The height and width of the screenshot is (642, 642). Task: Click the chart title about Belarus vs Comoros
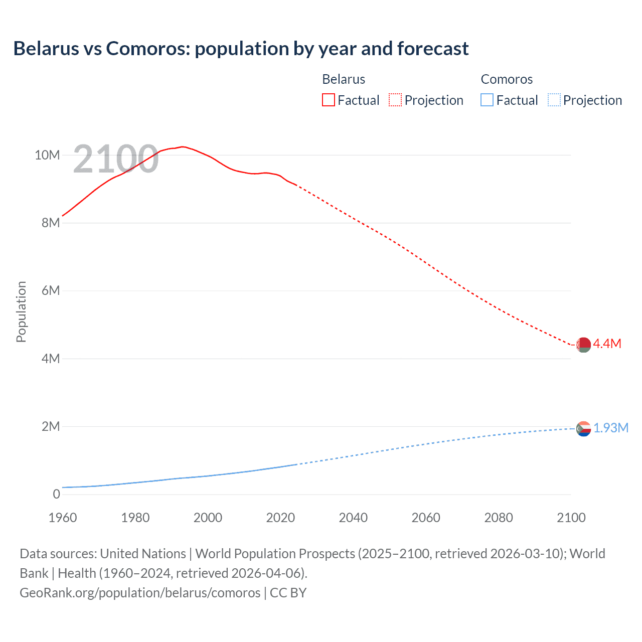coord(241,49)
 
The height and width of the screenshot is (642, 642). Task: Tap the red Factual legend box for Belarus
coord(328,100)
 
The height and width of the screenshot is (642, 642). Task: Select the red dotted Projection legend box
coord(395,100)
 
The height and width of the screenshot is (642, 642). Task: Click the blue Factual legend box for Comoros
coord(487,100)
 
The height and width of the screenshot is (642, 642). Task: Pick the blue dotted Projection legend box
coord(554,100)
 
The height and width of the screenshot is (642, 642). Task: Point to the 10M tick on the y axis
coord(47,155)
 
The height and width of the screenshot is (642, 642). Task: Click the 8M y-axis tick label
coord(50,223)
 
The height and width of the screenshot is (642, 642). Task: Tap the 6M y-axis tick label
coord(50,290)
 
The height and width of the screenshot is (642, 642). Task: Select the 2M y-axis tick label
coord(50,426)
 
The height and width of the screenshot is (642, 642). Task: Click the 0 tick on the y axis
coord(56,494)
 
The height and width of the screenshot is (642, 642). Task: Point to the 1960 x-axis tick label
coord(63,518)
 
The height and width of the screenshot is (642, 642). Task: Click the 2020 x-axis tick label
coord(280,518)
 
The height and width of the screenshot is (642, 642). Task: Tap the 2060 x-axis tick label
coord(426,518)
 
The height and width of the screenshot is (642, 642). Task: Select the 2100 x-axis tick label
coord(571,518)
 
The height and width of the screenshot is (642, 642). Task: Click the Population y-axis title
coord(21,311)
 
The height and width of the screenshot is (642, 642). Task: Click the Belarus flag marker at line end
coord(583,345)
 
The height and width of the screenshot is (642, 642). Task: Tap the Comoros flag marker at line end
coord(583,429)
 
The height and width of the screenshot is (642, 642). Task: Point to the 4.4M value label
coord(607,344)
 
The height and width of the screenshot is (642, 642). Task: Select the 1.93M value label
coord(610,428)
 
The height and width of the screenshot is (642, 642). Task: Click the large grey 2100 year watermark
coord(116,159)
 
